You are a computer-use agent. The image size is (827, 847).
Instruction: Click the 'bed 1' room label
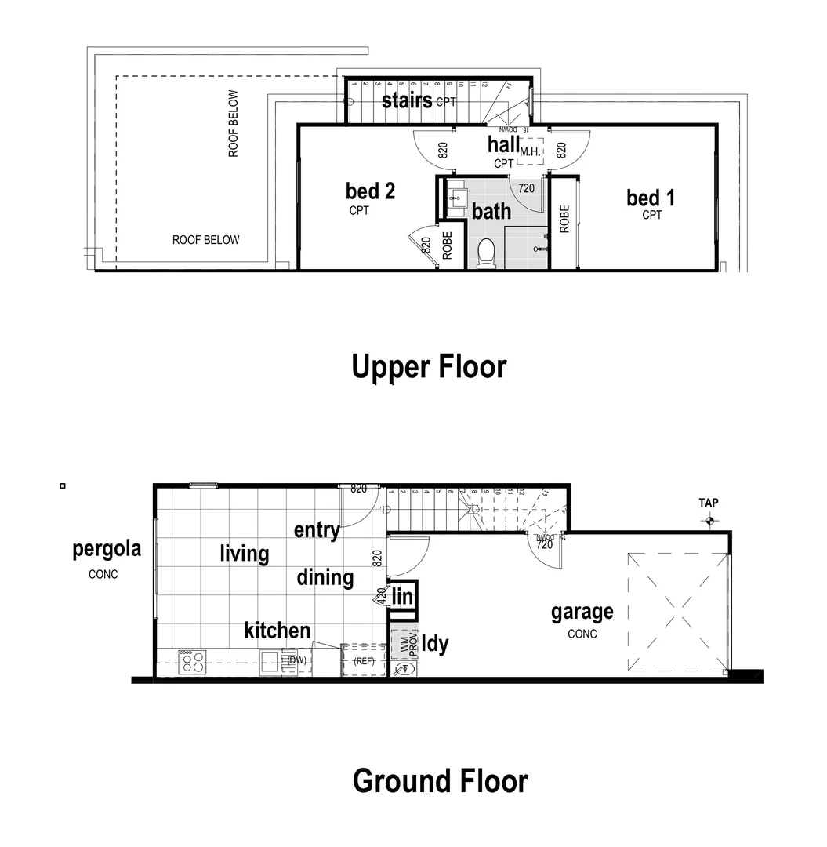(x=651, y=198)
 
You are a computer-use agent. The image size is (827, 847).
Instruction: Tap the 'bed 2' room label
(x=370, y=191)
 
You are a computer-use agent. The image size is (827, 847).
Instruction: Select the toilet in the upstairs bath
(x=486, y=253)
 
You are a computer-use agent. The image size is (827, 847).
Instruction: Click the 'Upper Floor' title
(x=429, y=366)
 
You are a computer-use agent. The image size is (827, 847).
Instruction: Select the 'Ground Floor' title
(x=440, y=781)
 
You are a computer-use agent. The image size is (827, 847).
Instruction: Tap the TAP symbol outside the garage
(x=710, y=519)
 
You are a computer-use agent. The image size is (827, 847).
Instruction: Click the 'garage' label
(x=582, y=612)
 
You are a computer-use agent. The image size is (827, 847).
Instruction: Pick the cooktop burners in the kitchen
(x=193, y=663)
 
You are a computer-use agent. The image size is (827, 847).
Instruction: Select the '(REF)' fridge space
(x=365, y=661)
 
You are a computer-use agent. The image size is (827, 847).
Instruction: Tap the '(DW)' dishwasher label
(x=296, y=660)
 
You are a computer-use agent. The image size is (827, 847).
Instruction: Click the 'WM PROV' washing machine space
(x=404, y=643)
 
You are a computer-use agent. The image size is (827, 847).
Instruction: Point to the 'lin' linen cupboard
(x=403, y=598)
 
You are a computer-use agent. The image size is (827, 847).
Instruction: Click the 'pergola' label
(x=107, y=548)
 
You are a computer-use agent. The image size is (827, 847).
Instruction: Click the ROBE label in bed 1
(x=564, y=219)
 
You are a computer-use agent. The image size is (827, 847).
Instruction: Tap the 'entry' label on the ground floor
(x=317, y=530)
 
